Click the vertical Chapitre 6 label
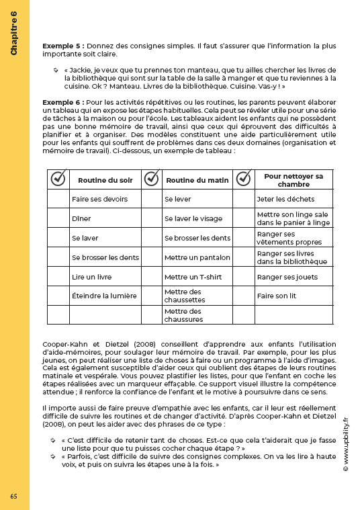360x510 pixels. tap(14, 36)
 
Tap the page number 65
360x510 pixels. tap(14, 496)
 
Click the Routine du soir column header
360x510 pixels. tap(105, 180)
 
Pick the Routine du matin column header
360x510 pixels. tap(197, 180)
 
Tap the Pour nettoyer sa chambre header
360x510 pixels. tap(294, 180)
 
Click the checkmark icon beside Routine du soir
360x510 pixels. tap(58, 179)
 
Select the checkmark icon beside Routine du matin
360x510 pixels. tap(152, 179)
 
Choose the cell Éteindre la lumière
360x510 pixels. tap(104, 296)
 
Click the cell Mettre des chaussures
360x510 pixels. tap(184, 315)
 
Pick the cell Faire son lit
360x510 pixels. tap(276, 296)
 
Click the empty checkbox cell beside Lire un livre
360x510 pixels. tap(58, 276)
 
